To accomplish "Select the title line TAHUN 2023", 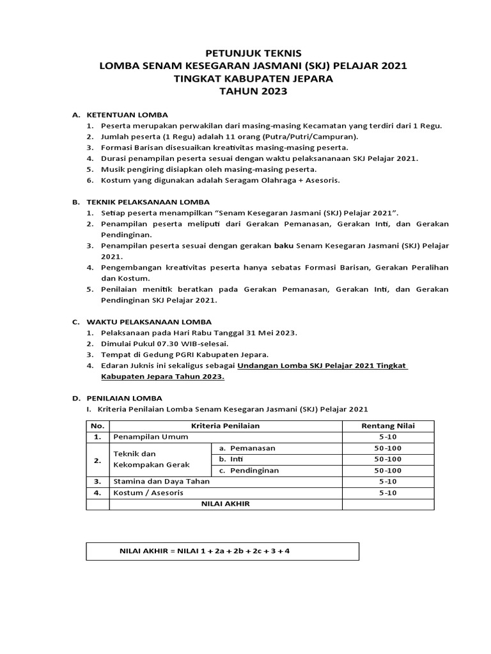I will tap(246, 91).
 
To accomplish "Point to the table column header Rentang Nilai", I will tap(387, 425).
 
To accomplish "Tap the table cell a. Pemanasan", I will tap(247, 448).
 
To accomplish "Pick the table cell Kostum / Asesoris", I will tap(148, 493).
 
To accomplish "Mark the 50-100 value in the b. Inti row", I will tap(387, 459).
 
